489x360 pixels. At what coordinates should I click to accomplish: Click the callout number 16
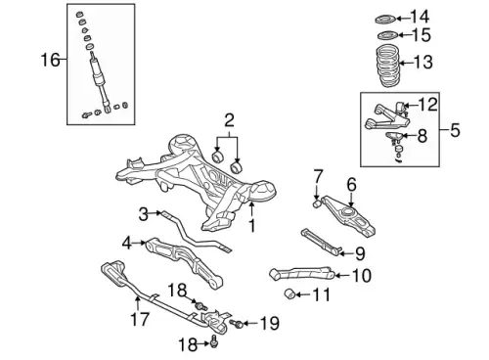[x=51, y=60]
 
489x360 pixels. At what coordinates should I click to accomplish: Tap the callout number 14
[x=420, y=17]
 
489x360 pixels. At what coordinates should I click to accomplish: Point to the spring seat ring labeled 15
[x=386, y=35]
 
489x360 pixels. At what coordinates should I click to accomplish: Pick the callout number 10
[x=362, y=276]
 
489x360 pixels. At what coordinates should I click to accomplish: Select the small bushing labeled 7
[x=317, y=204]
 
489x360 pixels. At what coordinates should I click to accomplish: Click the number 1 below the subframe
[x=252, y=226]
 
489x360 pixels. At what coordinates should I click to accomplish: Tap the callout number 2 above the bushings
[x=230, y=120]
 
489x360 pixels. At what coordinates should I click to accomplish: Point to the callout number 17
[x=140, y=319]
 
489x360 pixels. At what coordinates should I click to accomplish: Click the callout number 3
[x=144, y=214]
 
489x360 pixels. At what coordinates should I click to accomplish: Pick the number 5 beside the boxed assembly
[x=455, y=130]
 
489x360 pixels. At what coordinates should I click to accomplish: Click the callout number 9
[x=360, y=253]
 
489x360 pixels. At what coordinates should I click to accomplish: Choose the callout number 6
[x=351, y=185]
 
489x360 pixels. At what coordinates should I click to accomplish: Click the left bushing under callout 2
[x=217, y=157]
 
